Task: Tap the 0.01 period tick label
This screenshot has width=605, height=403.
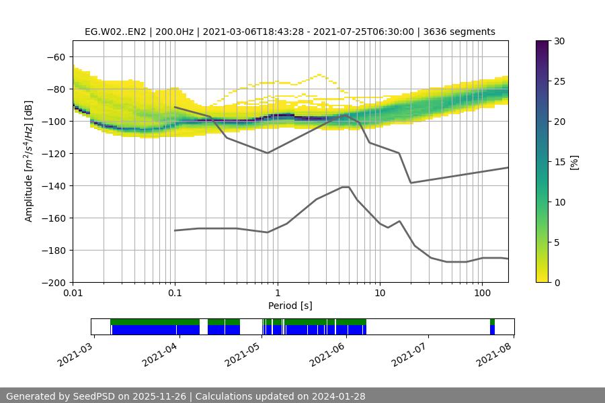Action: click(x=73, y=294)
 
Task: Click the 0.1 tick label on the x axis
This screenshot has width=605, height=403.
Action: click(x=175, y=294)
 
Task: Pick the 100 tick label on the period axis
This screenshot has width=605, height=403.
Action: click(x=482, y=294)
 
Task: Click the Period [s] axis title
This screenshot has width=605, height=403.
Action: click(x=290, y=306)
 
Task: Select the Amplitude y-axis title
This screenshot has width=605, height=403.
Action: click(x=29, y=161)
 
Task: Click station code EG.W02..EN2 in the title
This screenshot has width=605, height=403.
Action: click(x=116, y=32)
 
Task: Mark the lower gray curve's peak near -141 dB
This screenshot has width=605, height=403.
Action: click(x=346, y=187)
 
